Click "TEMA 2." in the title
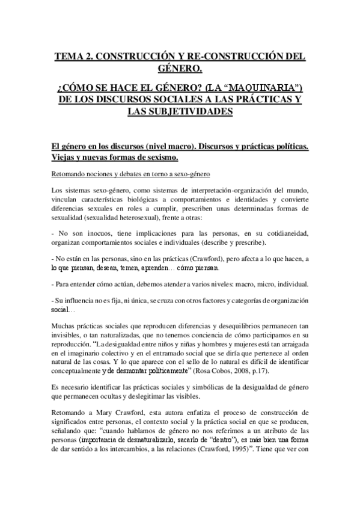tap(75, 57)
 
